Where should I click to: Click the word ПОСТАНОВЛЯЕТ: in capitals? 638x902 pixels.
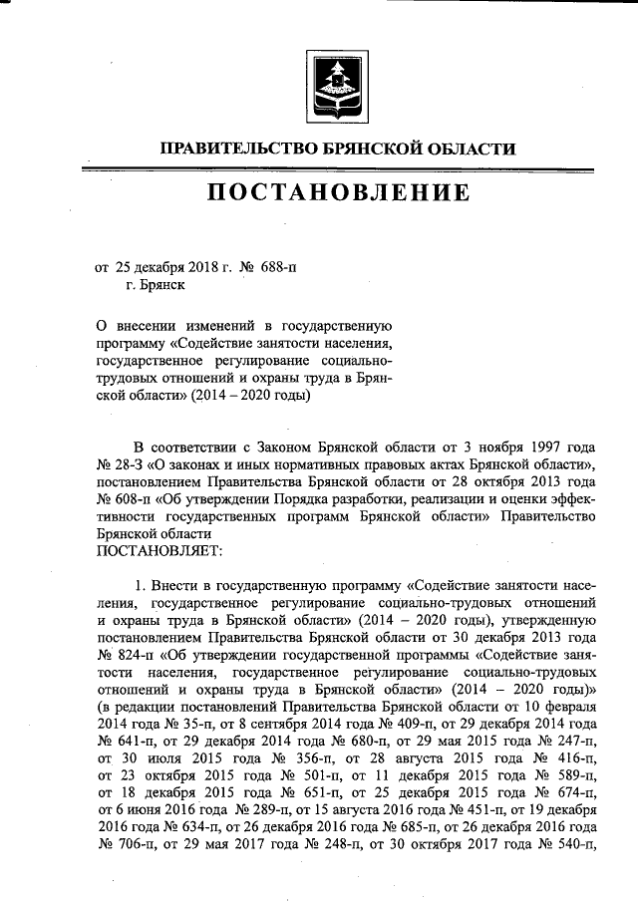coord(159,549)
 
